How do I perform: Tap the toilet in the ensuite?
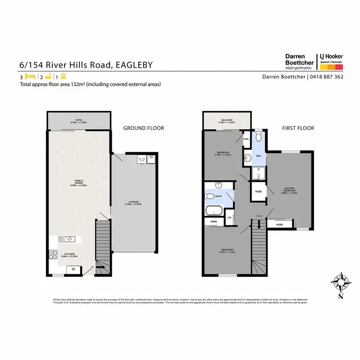[258, 137]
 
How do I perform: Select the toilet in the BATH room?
[209, 196]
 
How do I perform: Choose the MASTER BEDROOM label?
[290, 191]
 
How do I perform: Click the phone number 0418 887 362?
[326, 77]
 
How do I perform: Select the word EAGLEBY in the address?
[133, 65]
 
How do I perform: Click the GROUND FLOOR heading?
[144, 128]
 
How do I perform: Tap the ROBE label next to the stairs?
[279, 224]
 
